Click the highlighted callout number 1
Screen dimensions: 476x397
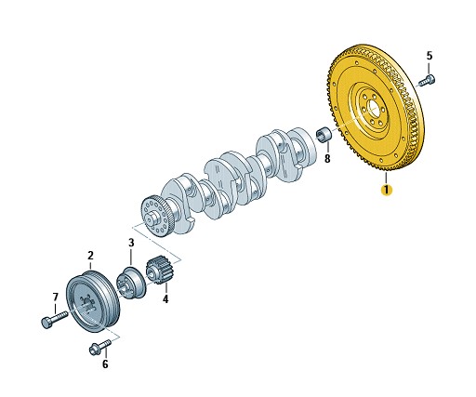pyautogui.click(x=387, y=190)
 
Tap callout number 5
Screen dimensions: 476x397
pyautogui.click(x=430, y=56)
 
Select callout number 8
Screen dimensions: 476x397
pyautogui.click(x=327, y=158)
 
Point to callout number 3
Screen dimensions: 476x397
pyautogui.click(x=131, y=243)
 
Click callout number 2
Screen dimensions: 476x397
pyautogui.click(x=90, y=256)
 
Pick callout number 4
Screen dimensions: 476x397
pyautogui.click(x=165, y=299)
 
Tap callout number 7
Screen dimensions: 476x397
pyautogui.click(x=55, y=297)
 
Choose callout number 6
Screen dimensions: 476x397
pyautogui.click(x=105, y=364)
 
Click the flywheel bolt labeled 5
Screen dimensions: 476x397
pyautogui.click(x=427, y=79)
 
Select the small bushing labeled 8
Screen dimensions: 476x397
pyautogui.click(x=324, y=135)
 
